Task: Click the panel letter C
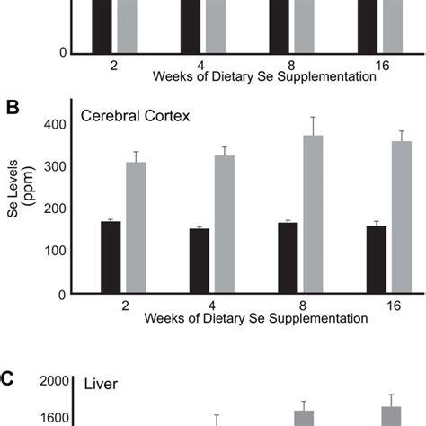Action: click(x=8, y=378)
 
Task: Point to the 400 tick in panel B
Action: click(x=55, y=124)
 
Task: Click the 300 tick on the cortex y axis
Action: click(x=55, y=166)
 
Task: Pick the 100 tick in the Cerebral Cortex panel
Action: click(x=55, y=252)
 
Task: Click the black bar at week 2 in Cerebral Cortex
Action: click(x=111, y=257)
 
